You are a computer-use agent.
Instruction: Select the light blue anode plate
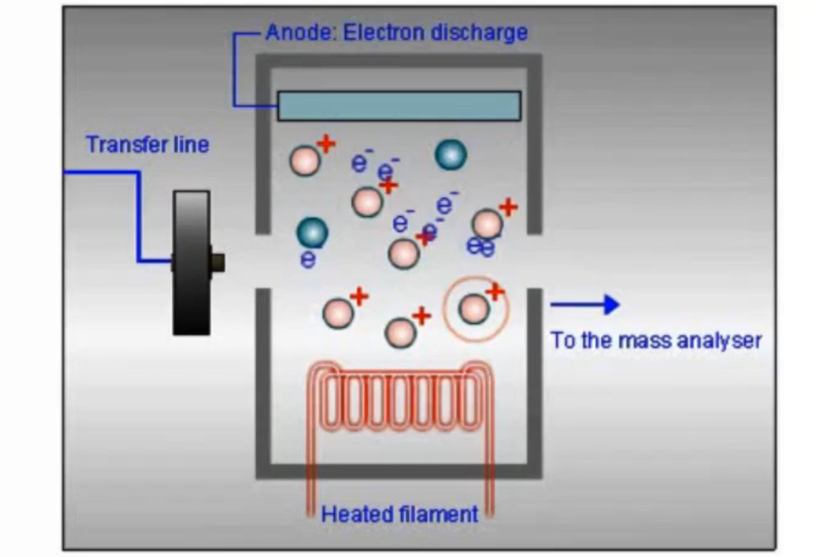tap(399, 106)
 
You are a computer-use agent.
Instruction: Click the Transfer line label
tap(148, 145)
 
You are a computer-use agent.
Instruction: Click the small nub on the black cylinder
tap(217, 262)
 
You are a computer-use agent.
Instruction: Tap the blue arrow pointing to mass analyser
tap(585, 304)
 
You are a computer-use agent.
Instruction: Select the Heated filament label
tap(400, 514)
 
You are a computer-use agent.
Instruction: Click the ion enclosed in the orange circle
tap(474, 309)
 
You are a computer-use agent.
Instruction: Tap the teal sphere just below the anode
tap(450, 155)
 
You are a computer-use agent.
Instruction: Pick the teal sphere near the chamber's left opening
tap(312, 232)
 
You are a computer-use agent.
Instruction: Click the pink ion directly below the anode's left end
tap(304, 160)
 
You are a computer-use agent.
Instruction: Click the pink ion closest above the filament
tap(400, 332)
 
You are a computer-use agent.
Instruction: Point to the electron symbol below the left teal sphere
tap(308, 259)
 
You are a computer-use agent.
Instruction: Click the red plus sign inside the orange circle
tap(495, 292)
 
